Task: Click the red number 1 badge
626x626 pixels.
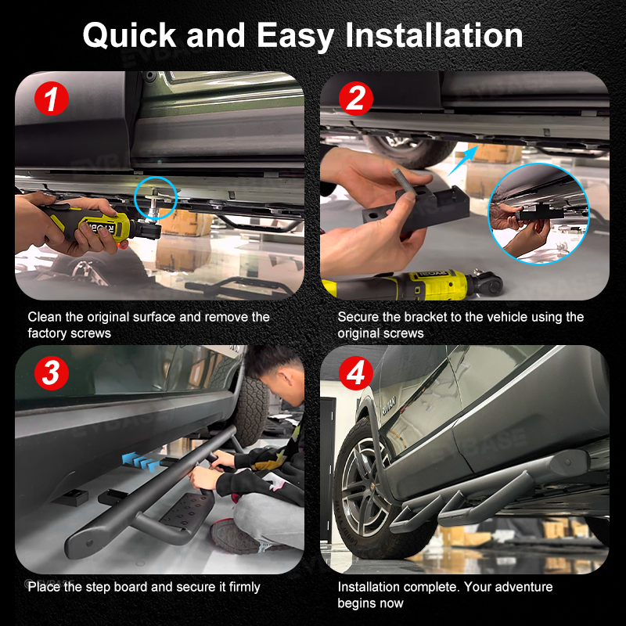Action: [x=52, y=99]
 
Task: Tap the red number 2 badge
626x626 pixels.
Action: [x=356, y=99]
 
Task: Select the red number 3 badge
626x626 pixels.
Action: [x=52, y=373]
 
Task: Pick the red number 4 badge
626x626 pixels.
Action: [x=356, y=373]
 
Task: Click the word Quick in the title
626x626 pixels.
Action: [x=129, y=36]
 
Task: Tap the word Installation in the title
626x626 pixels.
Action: [x=434, y=35]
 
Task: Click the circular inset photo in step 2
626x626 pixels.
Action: [x=539, y=214]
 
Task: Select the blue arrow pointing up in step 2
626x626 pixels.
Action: [x=462, y=160]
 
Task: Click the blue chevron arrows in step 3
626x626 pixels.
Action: [x=141, y=462]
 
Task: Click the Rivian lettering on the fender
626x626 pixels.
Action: [x=389, y=407]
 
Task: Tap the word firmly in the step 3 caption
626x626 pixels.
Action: [x=244, y=588]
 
